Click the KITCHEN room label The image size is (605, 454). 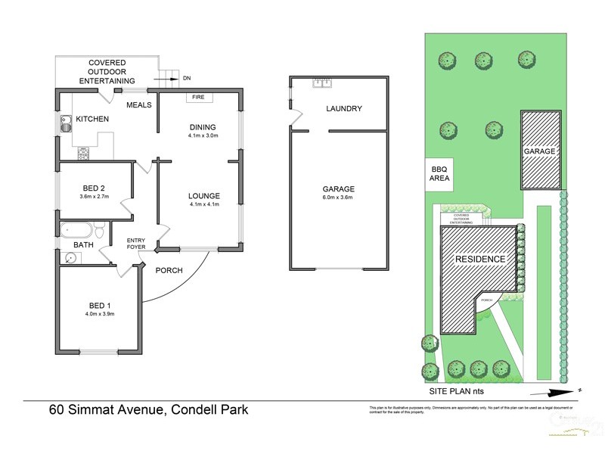coord(92,120)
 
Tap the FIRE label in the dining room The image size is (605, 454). coord(198,98)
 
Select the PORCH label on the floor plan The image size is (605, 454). coord(169,270)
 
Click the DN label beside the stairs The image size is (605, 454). coord(187,78)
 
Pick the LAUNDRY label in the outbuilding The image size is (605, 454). coord(344,109)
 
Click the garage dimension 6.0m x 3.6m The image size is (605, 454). coord(338,197)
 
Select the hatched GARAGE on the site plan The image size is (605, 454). coord(541,151)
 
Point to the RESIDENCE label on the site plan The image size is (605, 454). coord(479,260)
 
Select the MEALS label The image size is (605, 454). coord(140,105)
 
